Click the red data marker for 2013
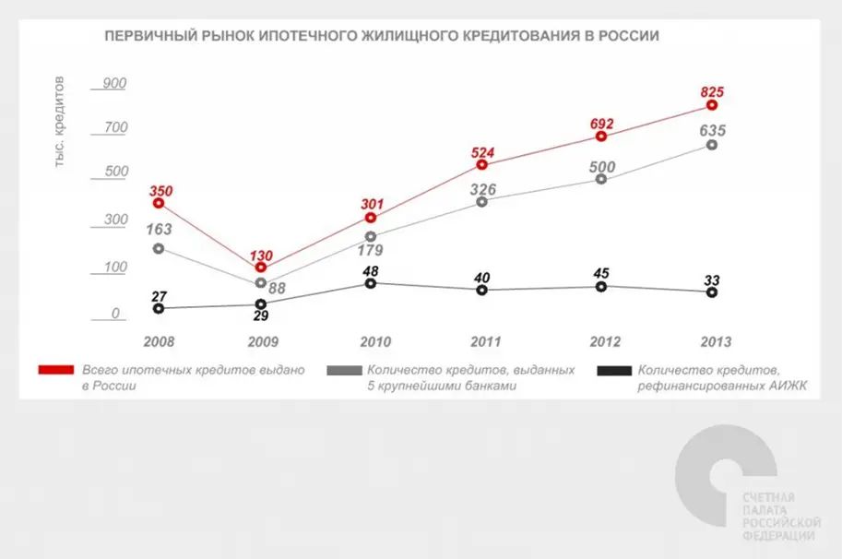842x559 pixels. click(712, 106)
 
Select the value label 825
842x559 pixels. click(712, 91)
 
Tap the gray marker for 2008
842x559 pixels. click(159, 249)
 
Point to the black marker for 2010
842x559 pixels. click(370, 283)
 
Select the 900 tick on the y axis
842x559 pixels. click(114, 83)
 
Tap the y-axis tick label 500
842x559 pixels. click(114, 172)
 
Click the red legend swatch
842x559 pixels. click(55, 370)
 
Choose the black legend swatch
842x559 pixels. click(613, 370)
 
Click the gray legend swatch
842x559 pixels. click(344, 370)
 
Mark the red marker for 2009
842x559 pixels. click(261, 268)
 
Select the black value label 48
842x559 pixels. click(370, 268)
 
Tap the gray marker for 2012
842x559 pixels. click(601, 179)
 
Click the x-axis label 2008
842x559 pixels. click(160, 342)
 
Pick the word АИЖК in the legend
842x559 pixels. click(785, 387)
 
